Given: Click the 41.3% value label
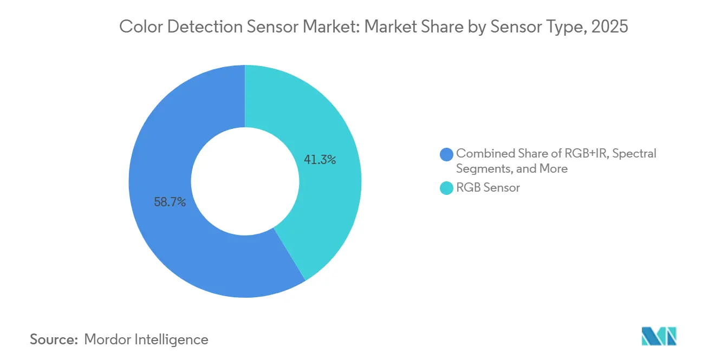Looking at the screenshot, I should (x=320, y=160).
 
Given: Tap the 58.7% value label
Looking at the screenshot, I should (x=170, y=202).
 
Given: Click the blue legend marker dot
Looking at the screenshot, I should (x=447, y=154).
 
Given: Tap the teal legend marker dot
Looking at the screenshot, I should (x=447, y=188).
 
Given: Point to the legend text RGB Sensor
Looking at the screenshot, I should (x=487, y=188).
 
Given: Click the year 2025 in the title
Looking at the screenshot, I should (x=609, y=27).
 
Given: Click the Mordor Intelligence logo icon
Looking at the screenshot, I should (x=659, y=336).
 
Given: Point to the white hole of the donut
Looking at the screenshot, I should (x=245, y=181).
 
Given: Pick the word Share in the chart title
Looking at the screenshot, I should (x=439, y=27).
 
